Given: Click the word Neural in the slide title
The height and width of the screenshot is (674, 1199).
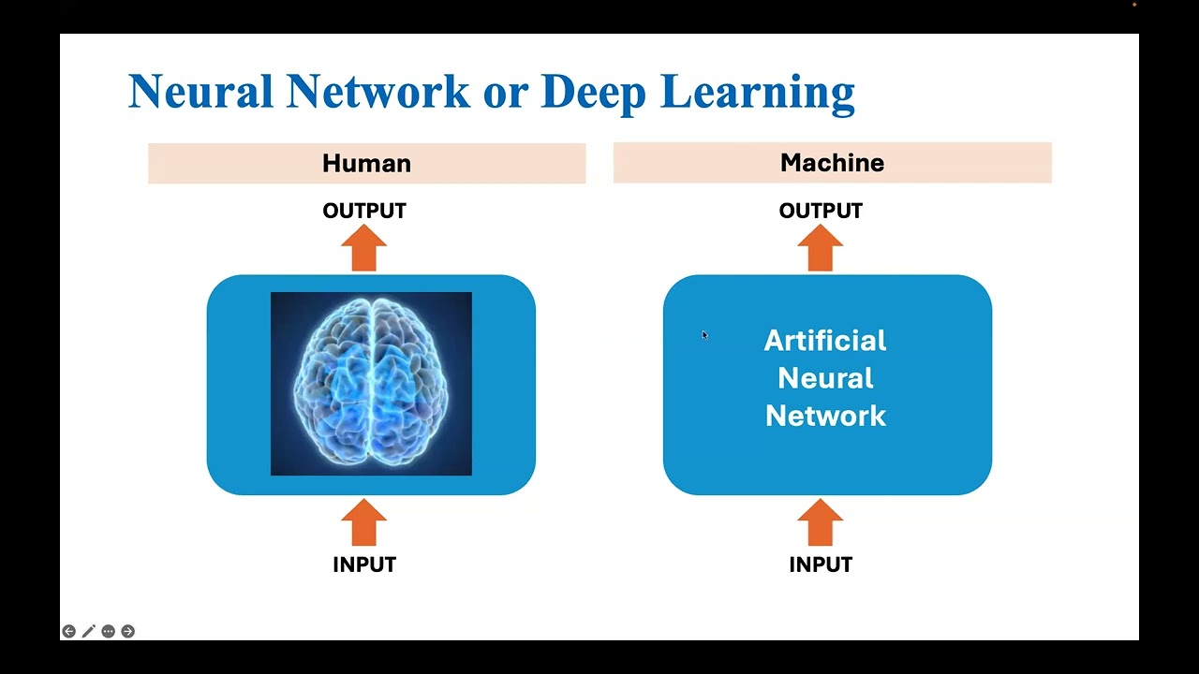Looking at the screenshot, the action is coord(201,91).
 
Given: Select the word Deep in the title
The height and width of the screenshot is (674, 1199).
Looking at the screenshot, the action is coord(594,95).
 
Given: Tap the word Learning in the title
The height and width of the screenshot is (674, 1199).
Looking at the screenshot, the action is coord(758,95).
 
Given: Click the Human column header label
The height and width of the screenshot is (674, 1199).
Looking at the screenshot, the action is coord(366,163).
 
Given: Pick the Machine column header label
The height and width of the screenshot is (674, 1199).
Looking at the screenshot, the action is coord(833,163).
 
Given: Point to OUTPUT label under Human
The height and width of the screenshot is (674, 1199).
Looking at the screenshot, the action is coord(364,211).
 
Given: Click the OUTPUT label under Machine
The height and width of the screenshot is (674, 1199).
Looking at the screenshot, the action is coord(821,211).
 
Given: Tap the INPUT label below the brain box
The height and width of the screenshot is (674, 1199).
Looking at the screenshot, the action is coord(364,564).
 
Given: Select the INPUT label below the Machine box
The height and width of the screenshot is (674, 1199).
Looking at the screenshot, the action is coord(821,564).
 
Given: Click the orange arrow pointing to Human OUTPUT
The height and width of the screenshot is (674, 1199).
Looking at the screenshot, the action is coord(364,248).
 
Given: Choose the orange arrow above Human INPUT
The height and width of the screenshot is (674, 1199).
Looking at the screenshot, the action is coord(364,522).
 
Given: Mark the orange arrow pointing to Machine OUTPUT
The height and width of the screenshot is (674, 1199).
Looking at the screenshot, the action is coord(820,248).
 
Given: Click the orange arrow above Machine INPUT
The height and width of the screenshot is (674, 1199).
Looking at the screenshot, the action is coord(820,522).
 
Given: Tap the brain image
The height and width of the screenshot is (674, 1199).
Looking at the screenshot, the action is coord(371,384).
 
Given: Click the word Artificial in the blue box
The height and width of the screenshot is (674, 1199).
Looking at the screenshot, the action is coord(825,341).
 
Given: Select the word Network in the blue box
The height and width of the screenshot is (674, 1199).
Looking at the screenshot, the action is coord(825,416).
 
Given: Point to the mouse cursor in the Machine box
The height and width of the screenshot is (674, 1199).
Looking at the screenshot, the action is coord(705,335).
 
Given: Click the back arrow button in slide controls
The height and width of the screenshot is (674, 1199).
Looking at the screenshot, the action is coord(68,631).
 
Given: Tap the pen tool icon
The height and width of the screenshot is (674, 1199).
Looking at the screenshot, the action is coord(88,631).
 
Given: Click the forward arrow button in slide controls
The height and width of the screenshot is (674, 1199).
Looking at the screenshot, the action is coord(128,631).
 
